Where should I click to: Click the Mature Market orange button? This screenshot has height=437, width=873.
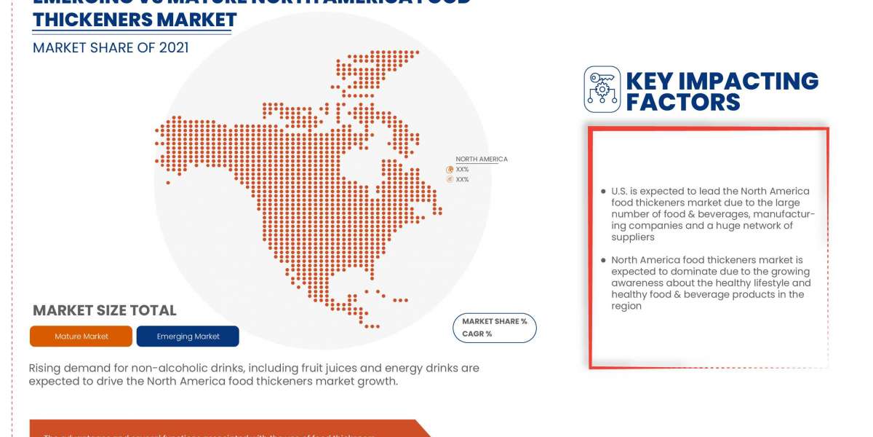click(x=81, y=336)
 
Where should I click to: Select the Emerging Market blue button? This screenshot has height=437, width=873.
click(x=188, y=336)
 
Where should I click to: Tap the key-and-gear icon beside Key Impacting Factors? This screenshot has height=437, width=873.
click(x=602, y=90)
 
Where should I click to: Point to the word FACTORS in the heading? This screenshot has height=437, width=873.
click(x=683, y=102)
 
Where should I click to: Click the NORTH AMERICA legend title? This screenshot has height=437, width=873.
click(x=482, y=159)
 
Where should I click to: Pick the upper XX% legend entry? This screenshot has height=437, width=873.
click(x=462, y=169)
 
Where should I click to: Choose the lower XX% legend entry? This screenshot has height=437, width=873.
click(x=462, y=179)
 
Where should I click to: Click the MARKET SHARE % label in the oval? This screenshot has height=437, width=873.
click(x=495, y=321)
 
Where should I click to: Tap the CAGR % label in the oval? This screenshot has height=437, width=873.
click(x=477, y=334)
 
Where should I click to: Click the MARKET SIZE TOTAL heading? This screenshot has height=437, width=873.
click(x=105, y=310)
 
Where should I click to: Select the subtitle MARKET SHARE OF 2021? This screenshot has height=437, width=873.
click(x=111, y=48)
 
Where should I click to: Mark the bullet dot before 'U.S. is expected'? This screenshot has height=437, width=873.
click(x=603, y=192)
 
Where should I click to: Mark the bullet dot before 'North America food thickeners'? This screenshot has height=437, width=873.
click(x=603, y=260)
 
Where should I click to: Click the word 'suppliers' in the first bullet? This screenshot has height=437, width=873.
click(x=633, y=237)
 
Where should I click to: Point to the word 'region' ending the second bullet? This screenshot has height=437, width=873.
click(x=626, y=306)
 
